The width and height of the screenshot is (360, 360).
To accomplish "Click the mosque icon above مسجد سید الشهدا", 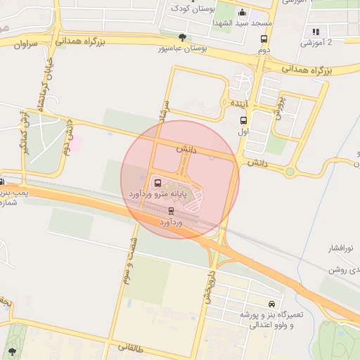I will click(243, 12).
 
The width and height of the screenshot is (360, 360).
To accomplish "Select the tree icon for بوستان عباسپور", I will click(183, 37).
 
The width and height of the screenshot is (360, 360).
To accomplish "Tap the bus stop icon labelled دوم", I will click(264, 39).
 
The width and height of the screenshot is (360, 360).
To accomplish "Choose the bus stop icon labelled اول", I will click(243, 120).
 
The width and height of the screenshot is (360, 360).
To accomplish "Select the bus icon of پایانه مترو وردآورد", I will click(157, 181).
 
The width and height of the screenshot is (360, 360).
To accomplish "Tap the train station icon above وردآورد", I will click(171, 210).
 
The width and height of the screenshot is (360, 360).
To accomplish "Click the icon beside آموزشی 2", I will click(315, 32).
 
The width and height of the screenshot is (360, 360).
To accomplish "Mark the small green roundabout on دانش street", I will click(290, 172).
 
